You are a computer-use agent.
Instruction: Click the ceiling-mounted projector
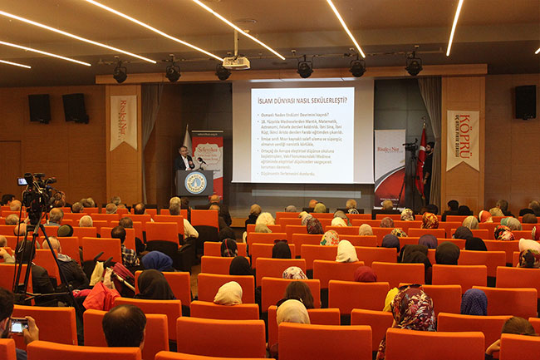(236, 62)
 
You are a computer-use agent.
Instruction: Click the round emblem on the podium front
(195, 182)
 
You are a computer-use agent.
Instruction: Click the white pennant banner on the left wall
(123, 121)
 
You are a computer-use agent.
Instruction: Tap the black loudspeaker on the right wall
(524, 101)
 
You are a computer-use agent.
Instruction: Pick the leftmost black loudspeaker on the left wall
(39, 108)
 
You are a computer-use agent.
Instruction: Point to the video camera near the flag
(410, 146)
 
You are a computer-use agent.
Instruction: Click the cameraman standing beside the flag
(428, 166)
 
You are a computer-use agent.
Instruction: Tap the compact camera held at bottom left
(17, 325)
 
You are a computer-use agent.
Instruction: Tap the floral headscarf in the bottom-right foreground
(413, 308)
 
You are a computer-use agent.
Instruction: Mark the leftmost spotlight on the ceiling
(120, 74)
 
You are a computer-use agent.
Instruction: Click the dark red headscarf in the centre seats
(365, 274)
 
